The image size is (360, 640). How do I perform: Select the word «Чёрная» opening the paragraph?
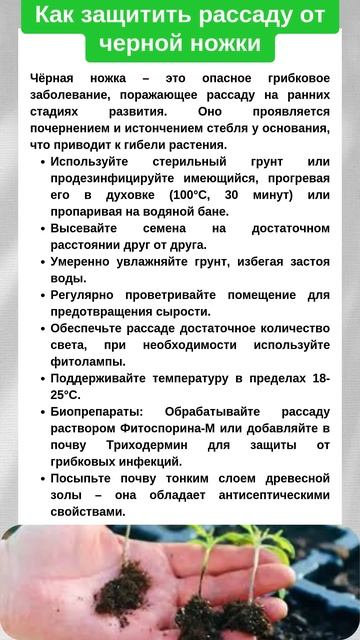(53, 77)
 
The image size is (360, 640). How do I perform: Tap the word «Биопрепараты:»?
(97, 412)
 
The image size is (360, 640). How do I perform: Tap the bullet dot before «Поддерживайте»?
(41, 379)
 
